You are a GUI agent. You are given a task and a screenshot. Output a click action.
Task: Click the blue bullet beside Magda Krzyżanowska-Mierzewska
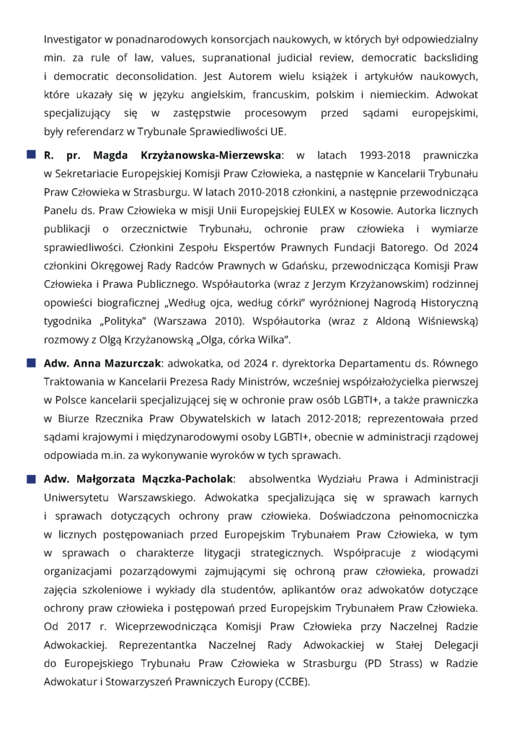32,155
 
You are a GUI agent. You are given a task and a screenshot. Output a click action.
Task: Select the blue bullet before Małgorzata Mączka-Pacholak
32,479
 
